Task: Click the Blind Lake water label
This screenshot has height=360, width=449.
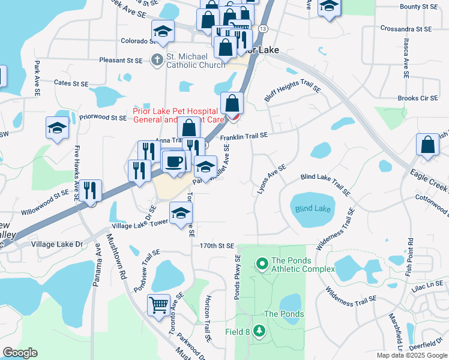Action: (x=312, y=209)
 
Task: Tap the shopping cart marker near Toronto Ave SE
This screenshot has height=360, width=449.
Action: (x=159, y=304)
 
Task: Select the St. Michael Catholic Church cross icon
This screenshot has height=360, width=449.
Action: (x=157, y=59)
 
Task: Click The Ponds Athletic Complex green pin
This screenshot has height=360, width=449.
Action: (x=262, y=263)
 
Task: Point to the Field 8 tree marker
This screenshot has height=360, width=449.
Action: (x=259, y=331)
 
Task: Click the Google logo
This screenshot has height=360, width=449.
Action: (x=20, y=353)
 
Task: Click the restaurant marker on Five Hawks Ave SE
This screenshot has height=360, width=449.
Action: (x=91, y=190)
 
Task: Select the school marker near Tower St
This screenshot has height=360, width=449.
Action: (x=181, y=213)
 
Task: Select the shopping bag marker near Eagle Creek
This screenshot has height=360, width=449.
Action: (x=427, y=145)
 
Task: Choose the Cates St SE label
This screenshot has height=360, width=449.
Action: (x=71, y=83)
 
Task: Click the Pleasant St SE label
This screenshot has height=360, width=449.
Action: (x=121, y=61)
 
